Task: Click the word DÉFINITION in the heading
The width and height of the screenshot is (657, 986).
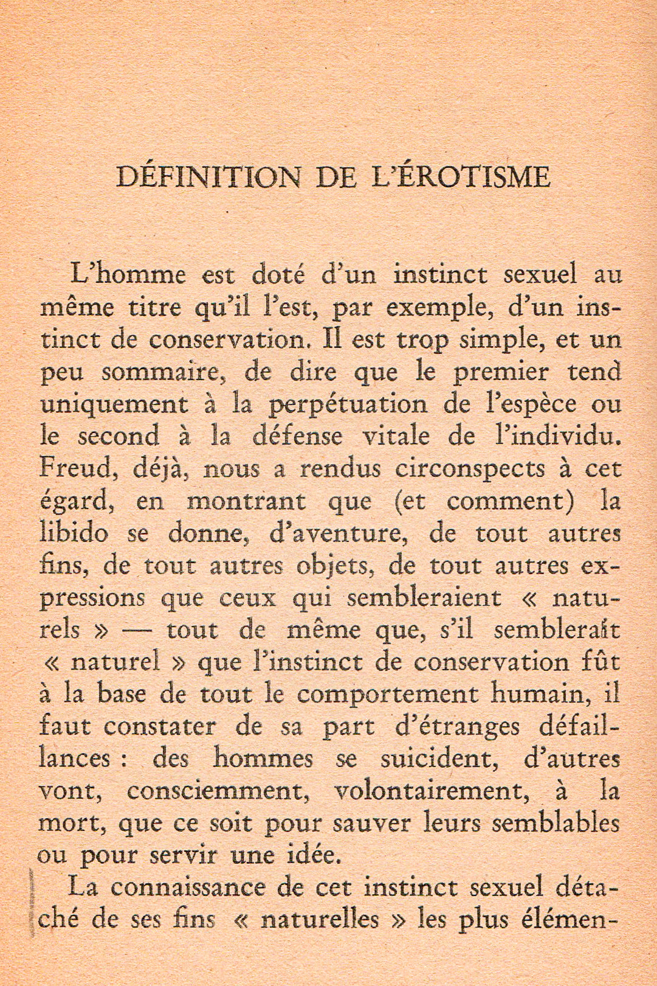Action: [207, 178]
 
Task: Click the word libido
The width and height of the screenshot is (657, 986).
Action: [75, 533]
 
